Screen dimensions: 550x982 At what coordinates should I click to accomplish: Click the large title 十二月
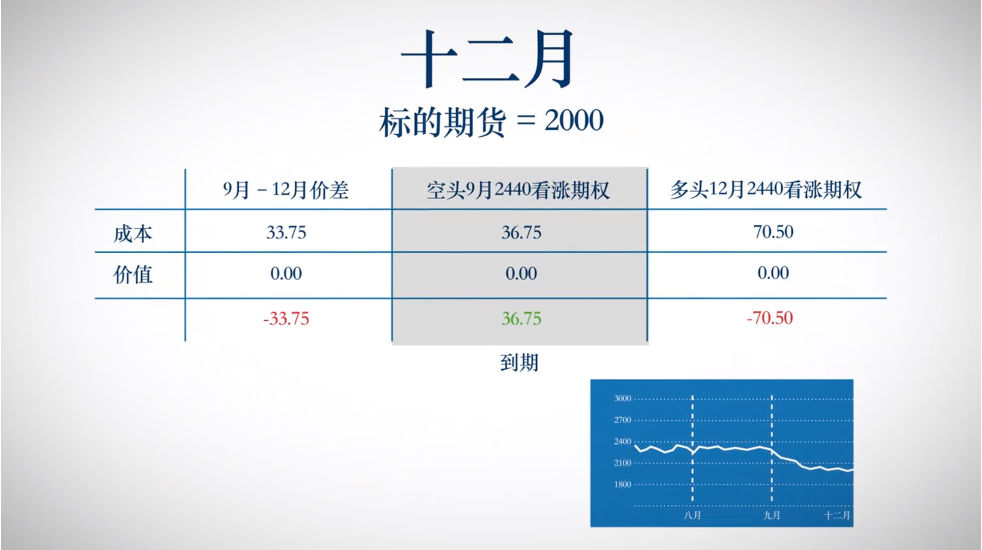(487, 59)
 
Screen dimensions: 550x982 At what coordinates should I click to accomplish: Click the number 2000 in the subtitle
(574, 121)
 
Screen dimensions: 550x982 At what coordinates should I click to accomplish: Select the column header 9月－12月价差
(286, 190)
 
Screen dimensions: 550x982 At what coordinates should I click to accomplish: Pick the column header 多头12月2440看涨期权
(766, 189)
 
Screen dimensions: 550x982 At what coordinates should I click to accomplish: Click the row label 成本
(133, 234)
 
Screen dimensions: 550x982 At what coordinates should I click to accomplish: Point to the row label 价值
(133, 275)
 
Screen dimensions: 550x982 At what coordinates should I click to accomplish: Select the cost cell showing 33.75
(286, 233)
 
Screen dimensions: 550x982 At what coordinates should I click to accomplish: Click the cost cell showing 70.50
(773, 232)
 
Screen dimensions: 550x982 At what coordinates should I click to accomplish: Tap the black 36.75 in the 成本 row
(521, 233)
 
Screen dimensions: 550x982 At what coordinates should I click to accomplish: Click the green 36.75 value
(521, 319)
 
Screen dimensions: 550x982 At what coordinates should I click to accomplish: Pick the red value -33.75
(286, 319)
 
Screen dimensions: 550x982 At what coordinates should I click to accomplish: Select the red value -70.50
(769, 318)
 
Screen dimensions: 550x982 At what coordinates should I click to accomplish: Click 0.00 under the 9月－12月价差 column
(286, 274)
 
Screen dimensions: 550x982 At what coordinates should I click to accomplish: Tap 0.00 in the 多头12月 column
(773, 273)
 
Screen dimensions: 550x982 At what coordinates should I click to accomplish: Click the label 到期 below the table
(519, 362)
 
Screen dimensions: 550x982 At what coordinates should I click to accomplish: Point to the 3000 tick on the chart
(622, 398)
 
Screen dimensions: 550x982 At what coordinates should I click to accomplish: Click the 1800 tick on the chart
(622, 484)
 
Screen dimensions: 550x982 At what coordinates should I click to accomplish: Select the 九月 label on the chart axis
(772, 516)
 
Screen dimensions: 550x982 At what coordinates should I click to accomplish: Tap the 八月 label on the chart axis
(692, 516)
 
